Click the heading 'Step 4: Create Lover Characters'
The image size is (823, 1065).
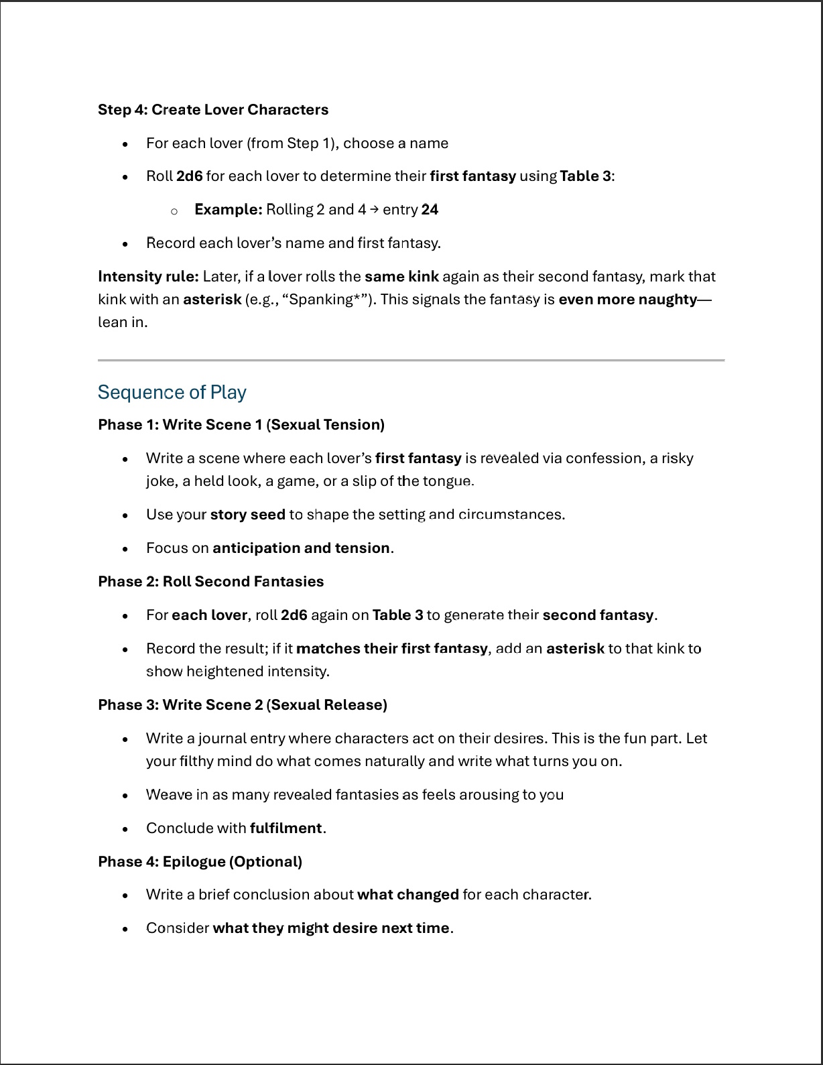tap(213, 110)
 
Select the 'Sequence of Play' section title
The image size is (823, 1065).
tap(172, 392)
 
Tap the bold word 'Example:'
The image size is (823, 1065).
tap(228, 210)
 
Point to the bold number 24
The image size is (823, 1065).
tap(430, 210)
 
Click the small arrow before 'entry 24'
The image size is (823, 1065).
tap(374, 209)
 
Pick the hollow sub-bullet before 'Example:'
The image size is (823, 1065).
tap(174, 211)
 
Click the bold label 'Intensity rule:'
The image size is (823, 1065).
tap(148, 277)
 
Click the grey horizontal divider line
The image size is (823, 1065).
tap(411, 361)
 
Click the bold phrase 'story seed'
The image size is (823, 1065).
tap(247, 515)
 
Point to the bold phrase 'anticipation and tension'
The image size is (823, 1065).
tap(301, 548)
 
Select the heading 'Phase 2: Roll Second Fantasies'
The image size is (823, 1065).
tap(210, 582)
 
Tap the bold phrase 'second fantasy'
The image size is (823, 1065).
tap(598, 615)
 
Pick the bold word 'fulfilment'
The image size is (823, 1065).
tap(286, 828)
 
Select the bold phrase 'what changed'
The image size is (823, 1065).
tap(407, 895)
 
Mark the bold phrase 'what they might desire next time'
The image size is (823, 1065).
tap(331, 928)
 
